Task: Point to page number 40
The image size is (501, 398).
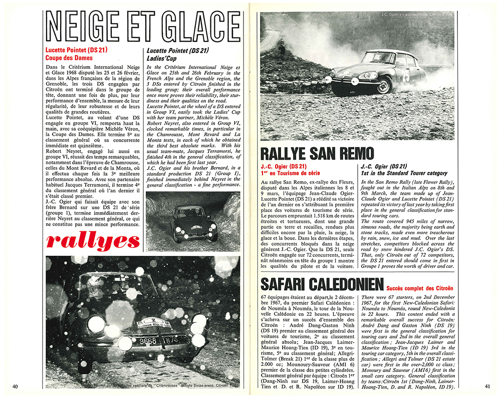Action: click(x=16, y=386)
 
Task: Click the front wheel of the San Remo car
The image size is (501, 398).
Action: click(x=383, y=85)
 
